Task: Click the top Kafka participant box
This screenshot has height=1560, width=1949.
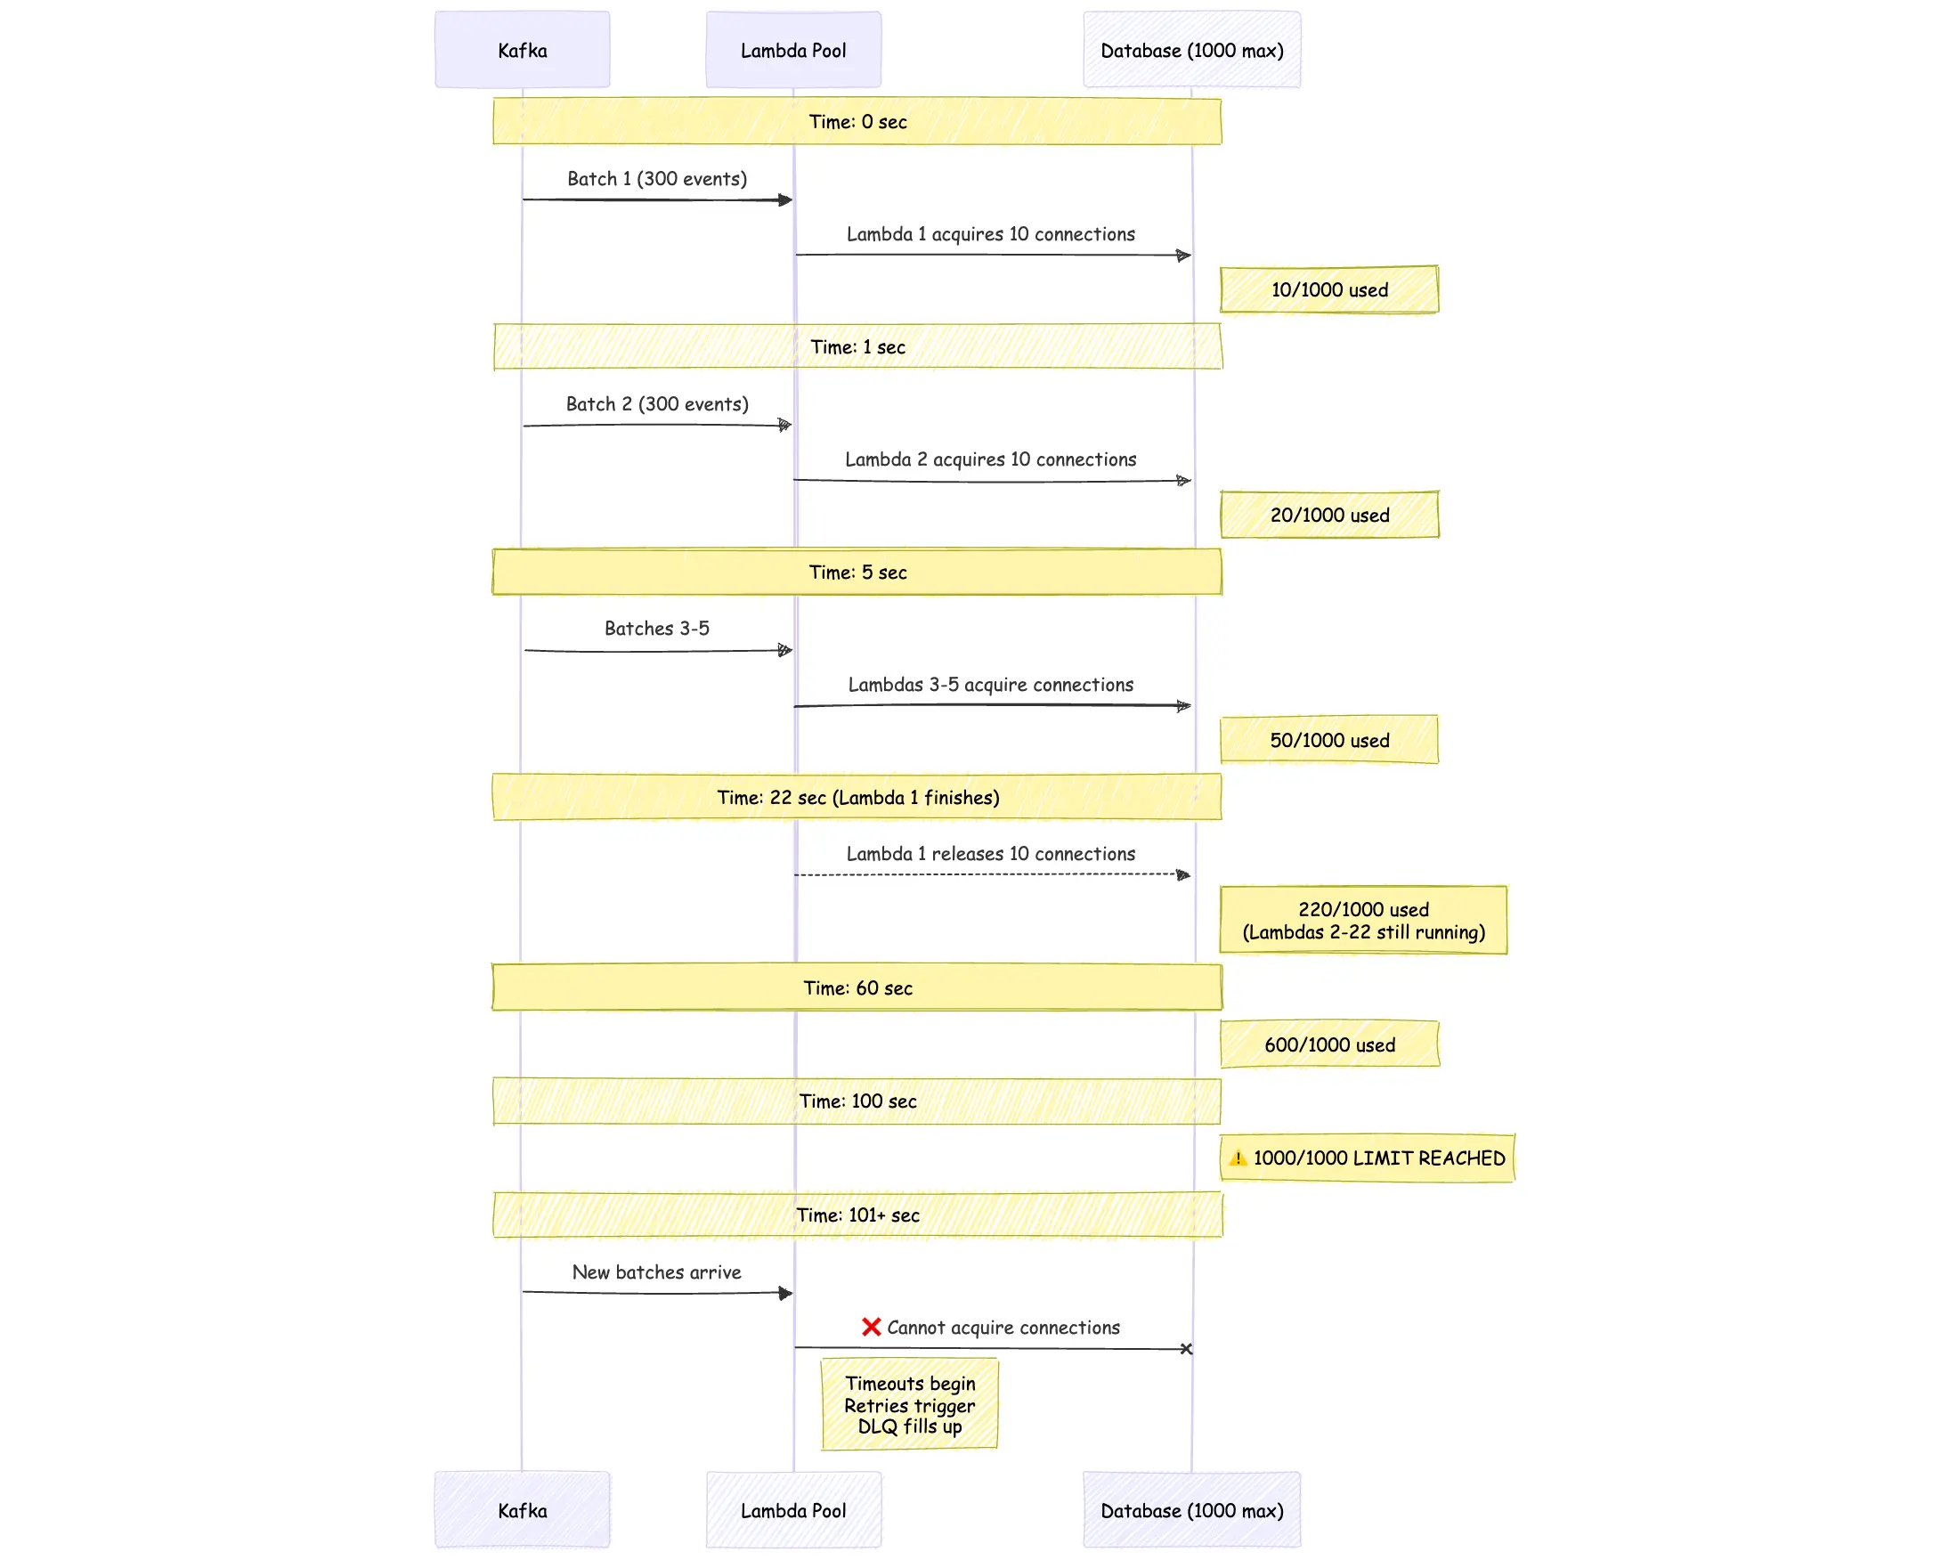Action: coord(522,50)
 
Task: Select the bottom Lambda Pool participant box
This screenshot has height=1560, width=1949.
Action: coord(792,1509)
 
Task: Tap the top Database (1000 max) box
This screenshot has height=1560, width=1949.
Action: coord(1191,50)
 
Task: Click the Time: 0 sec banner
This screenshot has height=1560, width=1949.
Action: coord(857,121)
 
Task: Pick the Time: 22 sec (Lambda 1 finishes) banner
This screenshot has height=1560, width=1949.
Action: coord(857,797)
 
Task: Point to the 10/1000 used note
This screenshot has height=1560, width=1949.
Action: coord(1328,289)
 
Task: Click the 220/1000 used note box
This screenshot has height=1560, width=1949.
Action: coord(1363,920)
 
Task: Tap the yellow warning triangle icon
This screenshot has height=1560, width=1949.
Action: coord(1238,1158)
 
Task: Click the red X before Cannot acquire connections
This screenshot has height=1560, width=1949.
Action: coord(871,1327)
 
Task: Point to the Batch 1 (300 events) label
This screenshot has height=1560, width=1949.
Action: coord(657,178)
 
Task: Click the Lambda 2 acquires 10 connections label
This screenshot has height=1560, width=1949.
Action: coord(991,459)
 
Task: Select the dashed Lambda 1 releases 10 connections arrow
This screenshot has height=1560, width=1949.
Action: coord(991,875)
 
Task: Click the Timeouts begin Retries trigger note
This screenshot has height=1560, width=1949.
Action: coord(909,1404)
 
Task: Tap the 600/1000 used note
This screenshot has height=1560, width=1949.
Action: coord(1328,1044)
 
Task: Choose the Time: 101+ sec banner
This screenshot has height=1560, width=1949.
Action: coord(857,1215)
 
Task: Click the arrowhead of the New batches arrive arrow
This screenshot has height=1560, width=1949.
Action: coord(785,1294)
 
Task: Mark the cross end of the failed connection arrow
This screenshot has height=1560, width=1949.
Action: coord(1186,1348)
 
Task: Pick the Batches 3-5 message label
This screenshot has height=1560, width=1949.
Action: coord(657,628)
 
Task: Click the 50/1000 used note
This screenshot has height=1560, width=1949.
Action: coord(1328,740)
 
